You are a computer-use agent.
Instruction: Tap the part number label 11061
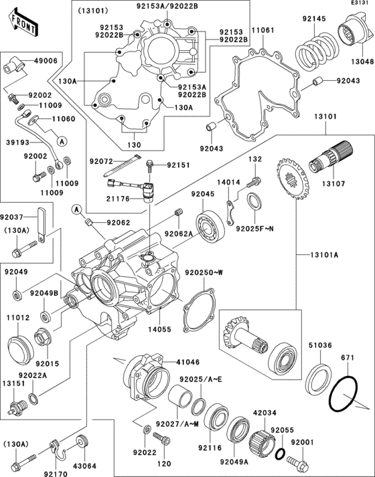(x=262, y=31)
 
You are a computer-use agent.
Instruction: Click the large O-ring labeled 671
(x=346, y=395)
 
